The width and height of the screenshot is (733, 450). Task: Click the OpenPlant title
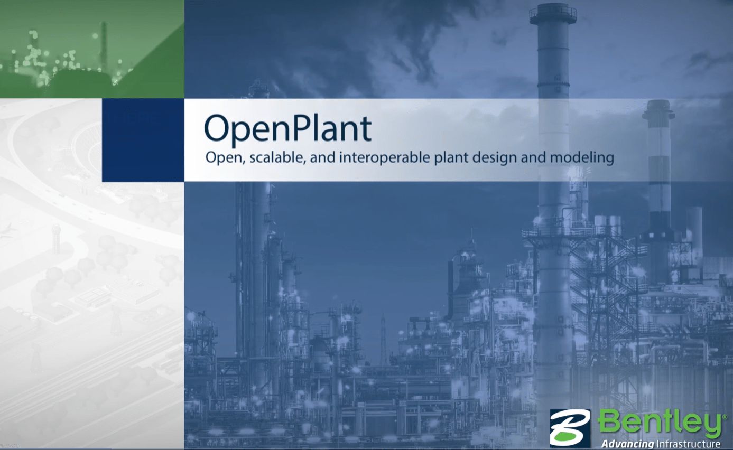(288, 129)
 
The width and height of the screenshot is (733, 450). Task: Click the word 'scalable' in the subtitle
(276, 157)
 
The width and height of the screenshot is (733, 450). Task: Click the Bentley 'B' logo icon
(570, 428)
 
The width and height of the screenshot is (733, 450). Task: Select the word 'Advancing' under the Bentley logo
(627, 444)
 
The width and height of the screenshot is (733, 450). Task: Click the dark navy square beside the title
(143, 140)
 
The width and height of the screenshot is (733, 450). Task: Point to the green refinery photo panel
(92, 49)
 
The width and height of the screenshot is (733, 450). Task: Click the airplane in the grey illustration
(7, 230)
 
